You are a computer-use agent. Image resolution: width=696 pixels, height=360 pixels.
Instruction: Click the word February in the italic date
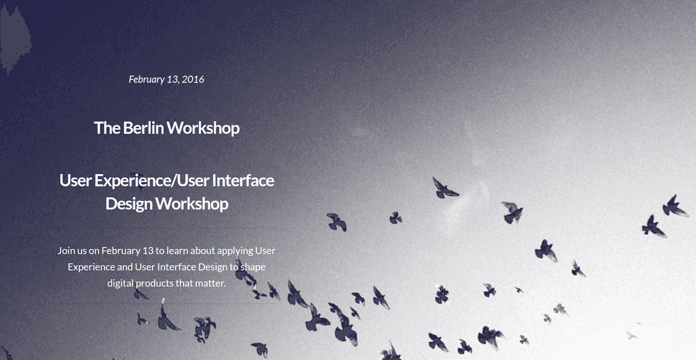[x=146, y=80]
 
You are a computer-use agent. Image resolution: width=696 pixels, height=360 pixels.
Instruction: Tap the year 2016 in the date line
[x=193, y=79]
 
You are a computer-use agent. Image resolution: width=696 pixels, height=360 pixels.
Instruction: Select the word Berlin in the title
[x=143, y=128]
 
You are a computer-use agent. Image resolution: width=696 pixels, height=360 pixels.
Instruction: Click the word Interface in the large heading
[x=243, y=180]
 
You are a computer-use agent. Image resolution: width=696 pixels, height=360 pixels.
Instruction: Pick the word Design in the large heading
[x=129, y=204]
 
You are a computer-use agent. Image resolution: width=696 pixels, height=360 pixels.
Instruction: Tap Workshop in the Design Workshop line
[x=192, y=204]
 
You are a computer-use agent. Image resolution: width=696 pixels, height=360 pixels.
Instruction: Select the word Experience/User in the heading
[x=152, y=181]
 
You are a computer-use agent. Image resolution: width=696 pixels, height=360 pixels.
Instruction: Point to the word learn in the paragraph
[x=177, y=251]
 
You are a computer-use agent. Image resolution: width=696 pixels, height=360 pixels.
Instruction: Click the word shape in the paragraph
[x=253, y=267]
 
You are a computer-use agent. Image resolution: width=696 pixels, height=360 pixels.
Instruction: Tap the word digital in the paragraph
[x=120, y=284]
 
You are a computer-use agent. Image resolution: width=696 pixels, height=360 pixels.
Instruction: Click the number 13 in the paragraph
[x=148, y=251]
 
